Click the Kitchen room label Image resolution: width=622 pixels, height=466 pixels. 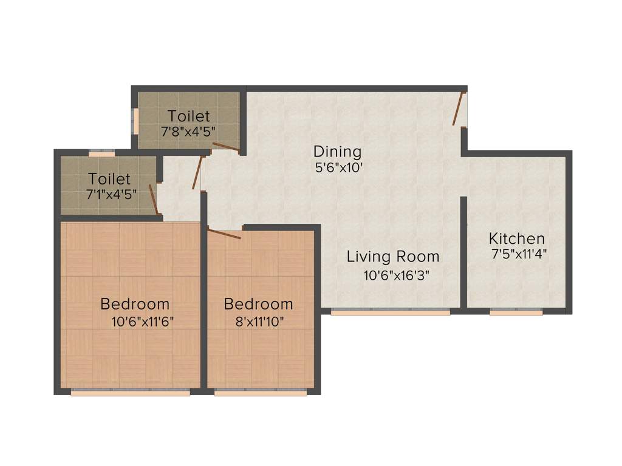[517, 238]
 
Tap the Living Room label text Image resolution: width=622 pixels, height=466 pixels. [393, 257]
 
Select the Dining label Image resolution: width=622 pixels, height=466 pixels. [337, 152]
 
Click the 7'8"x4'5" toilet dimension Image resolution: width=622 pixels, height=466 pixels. [188, 130]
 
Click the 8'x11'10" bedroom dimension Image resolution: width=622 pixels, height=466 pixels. [258, 322]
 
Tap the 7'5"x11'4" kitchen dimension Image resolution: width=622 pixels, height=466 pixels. [519, 254]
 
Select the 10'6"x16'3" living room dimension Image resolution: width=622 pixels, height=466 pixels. [396, 275]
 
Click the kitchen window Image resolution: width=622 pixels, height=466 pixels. [516, 312]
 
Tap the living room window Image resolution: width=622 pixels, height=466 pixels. [391, 312]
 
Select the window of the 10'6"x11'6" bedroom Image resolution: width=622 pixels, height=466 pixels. [131, 393]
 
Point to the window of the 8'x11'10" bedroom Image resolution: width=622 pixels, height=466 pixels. [261, 393]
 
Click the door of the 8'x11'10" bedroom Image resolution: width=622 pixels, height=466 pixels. [225, 233]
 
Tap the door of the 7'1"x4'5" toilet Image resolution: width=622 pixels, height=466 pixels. [154, 200]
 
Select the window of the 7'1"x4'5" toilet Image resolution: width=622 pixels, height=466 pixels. [101, 154]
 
